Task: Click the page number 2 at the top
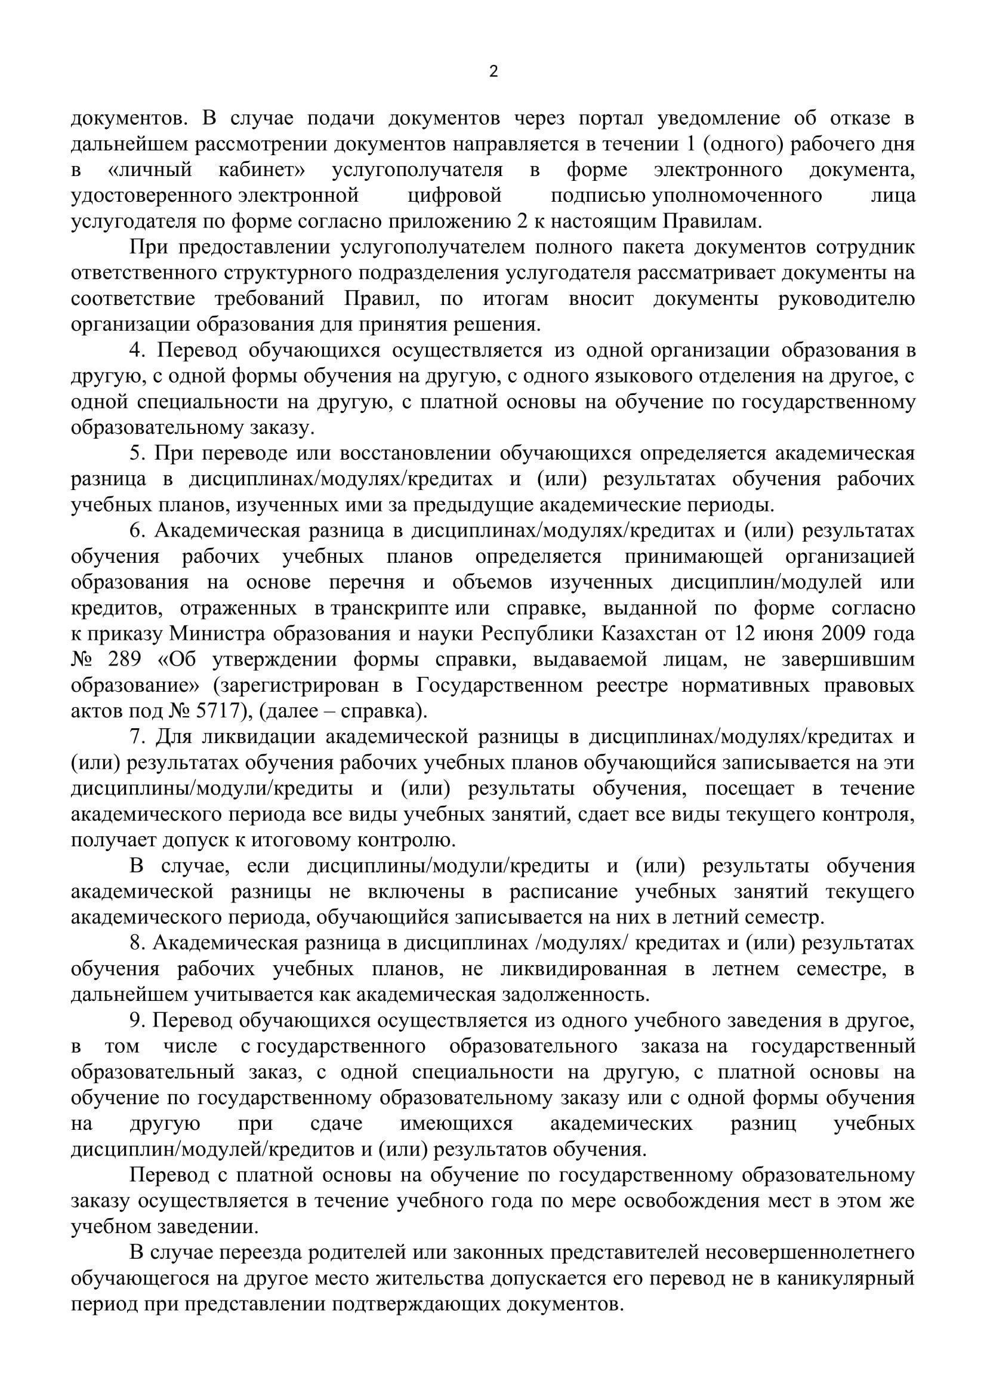(x=493, y=72)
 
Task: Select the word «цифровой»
(x=454, y=196)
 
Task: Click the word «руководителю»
(x=846, y=299)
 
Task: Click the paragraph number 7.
(x=137, y=737)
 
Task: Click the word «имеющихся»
(x=456, y=1124)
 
